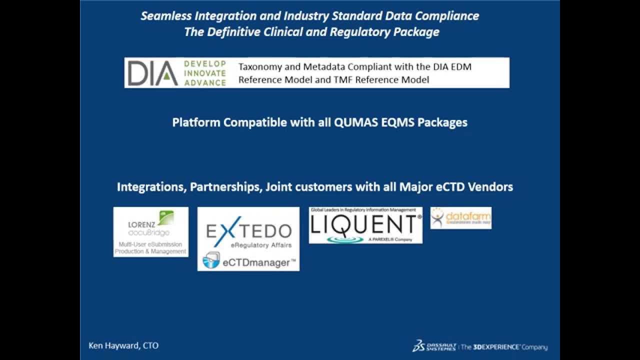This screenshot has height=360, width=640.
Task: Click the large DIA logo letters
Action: pos(152,73)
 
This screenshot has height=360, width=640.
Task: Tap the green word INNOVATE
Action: pos(205,73)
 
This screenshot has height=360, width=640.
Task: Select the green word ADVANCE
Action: pos(205,82)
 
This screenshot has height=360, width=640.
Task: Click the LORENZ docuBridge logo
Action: pos(150,232)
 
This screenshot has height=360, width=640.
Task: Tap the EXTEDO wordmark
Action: pos(248,231)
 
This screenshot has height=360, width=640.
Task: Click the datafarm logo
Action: pos(460,218)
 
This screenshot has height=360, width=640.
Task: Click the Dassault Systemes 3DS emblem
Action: pos(419,345)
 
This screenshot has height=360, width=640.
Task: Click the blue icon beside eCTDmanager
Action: pos(211,260)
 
